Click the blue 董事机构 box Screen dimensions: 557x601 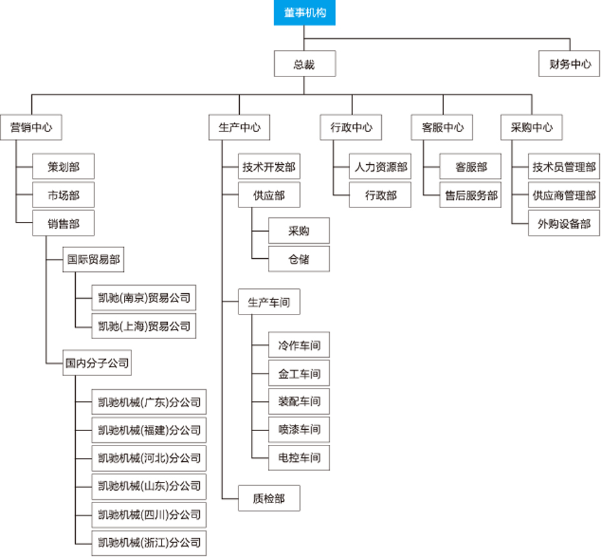304,13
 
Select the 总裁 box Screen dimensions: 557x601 304,64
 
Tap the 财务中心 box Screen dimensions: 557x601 570,64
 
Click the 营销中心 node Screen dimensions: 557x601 31,127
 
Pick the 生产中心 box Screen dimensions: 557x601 239,127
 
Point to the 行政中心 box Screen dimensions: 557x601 351,127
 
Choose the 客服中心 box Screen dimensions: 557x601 443,127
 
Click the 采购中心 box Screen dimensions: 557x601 532,127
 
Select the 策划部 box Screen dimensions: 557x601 63,167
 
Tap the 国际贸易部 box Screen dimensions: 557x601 93,259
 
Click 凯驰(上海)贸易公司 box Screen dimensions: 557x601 144,326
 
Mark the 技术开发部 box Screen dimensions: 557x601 269,167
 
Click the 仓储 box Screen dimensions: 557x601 299,259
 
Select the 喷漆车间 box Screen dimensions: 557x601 299,429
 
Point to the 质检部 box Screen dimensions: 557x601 269,499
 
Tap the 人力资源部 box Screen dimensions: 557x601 381,167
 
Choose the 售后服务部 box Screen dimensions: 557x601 471,195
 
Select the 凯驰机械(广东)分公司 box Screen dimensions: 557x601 149,402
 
